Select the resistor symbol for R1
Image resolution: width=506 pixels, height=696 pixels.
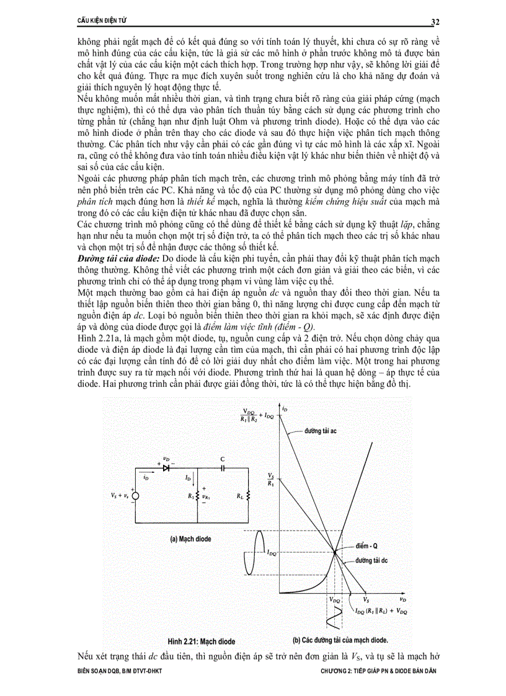[197, 495]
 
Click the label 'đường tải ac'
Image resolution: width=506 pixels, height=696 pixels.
[320, 429]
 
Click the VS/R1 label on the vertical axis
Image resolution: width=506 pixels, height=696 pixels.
[270, 479]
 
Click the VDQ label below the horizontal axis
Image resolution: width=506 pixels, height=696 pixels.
[335, 601]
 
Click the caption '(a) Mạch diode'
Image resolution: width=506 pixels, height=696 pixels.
[190, 539]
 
